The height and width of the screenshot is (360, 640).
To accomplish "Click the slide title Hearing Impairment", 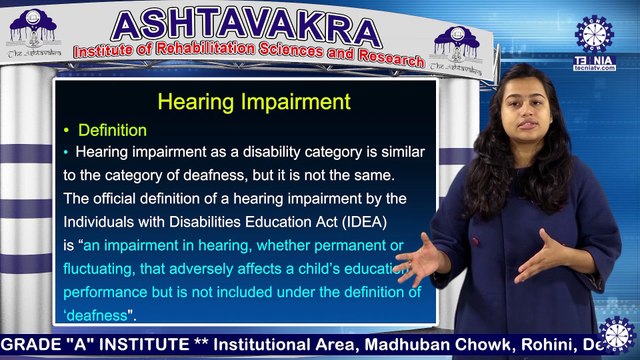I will tap(254, 102).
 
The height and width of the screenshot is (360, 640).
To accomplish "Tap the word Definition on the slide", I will tap(112, 131).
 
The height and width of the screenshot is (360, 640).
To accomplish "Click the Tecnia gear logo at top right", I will tap(594, 33).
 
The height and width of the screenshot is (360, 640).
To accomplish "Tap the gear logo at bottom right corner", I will tap(615, 335).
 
